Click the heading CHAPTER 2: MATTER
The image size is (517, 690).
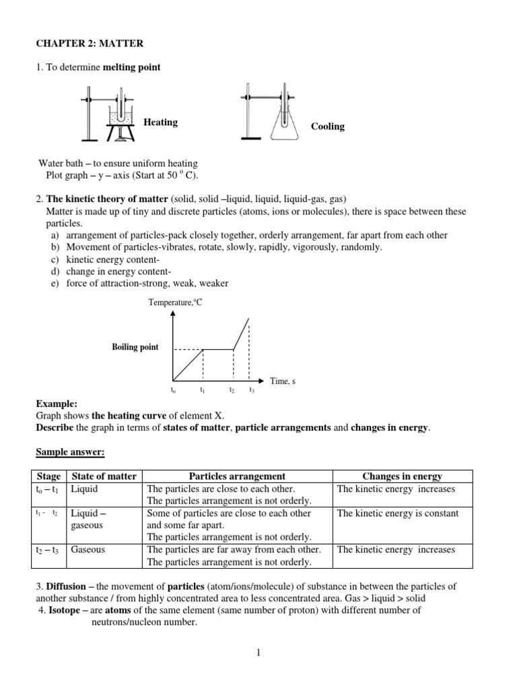(x=90, y=44)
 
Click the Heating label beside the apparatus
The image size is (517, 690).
(x=160, y=122)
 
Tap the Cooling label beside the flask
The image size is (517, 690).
(x=328, y=127)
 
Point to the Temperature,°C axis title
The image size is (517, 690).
(x=175, y=303)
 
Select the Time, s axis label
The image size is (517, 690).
(x=283, y=381)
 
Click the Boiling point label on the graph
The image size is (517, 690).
(x=135, y=347)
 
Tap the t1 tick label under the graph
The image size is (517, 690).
(x=203, y=391)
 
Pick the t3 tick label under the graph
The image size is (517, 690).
(x=252, y=391)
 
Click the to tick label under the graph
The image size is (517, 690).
(x=173, y=391)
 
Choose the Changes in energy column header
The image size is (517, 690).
(x=403, y=476)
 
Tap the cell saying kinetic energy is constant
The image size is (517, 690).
(x=397, y=513)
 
